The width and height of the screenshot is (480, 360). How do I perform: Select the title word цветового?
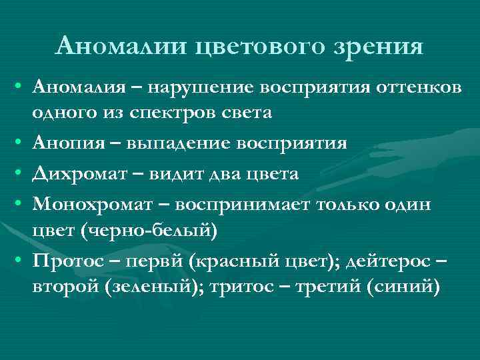click(253, 47)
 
